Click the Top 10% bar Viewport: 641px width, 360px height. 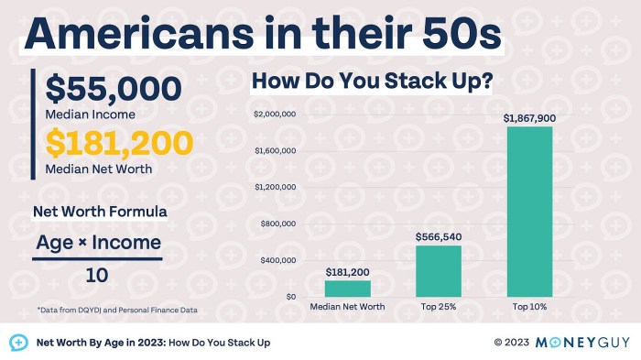[528, 212]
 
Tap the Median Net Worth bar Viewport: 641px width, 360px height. [348, 289]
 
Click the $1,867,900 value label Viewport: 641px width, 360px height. [528, 118]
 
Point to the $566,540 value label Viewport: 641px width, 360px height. [438, 236]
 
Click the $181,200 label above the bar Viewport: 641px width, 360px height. [348, 272]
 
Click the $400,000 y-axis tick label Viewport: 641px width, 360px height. [277, 261]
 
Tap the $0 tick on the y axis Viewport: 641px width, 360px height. [288, 298]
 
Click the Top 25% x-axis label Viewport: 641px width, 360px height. [438, 307]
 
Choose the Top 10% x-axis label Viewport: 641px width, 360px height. [528, 307]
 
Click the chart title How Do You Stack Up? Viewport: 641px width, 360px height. [373, 82]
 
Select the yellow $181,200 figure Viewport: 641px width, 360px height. [119, 145]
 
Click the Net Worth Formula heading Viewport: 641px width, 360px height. [100, 212]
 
